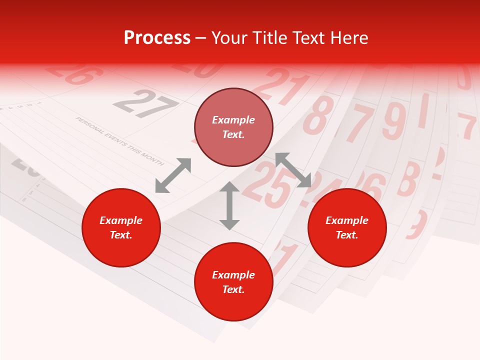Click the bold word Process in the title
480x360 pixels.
[157, 38]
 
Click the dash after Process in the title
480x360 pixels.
[201, 38]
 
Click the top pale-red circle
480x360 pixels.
[233, 127]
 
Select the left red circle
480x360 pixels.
[121, 228]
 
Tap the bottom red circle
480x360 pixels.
[233, 282]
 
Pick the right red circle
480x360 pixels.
[347, 228]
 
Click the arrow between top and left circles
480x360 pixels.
[173, 175]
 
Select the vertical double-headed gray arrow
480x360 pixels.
[229, 205]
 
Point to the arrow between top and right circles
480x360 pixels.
[293, 170]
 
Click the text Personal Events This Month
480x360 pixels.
[119, 141]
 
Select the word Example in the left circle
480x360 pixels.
[121, 220]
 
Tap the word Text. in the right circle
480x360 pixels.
[347, 235]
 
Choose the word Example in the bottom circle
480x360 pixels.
[233, 275]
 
